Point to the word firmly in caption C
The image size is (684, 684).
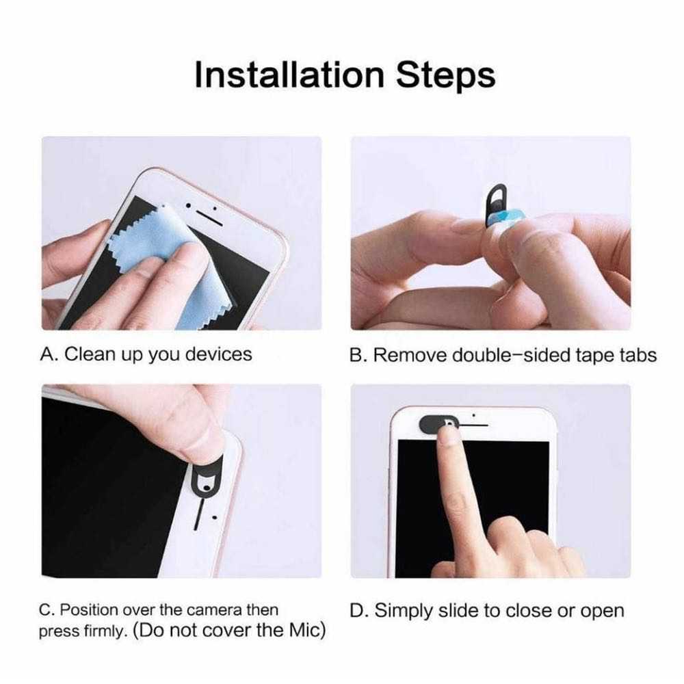106,632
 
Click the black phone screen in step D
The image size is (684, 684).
506,492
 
